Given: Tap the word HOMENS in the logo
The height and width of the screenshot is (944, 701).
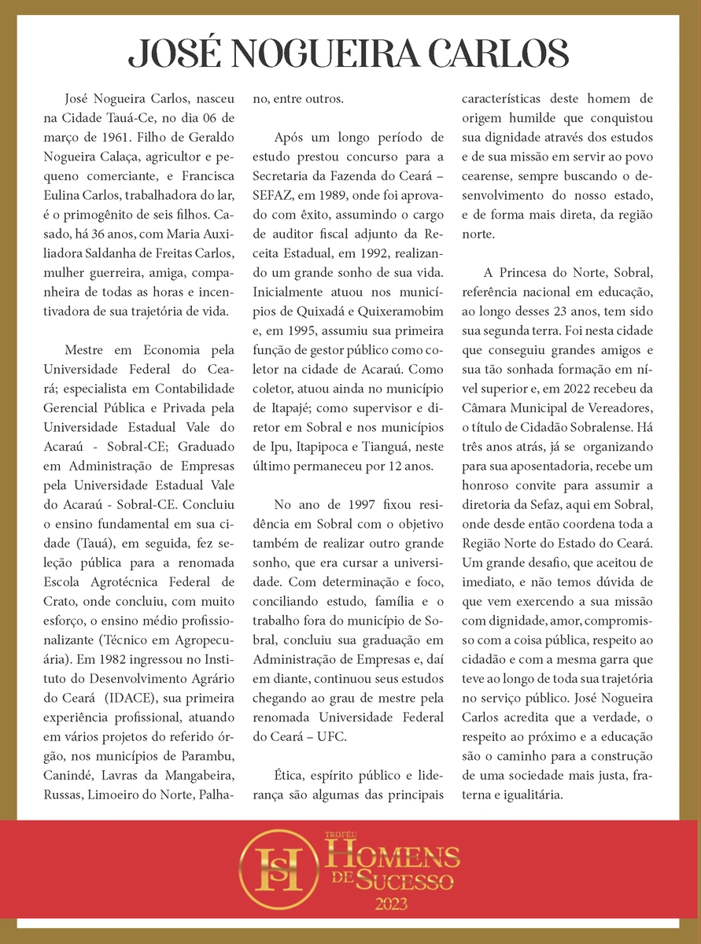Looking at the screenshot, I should coord(393,854).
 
